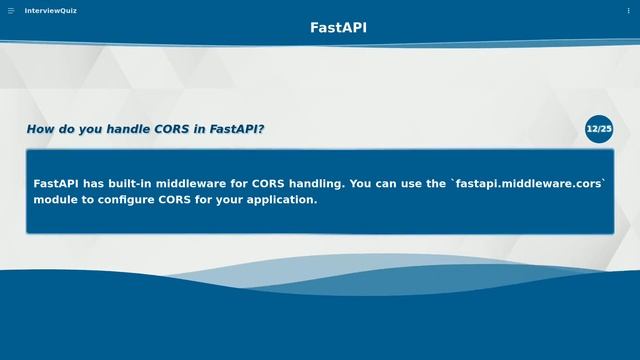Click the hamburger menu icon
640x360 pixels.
click(x=11, y=11)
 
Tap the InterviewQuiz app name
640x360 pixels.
click(x=50, y=11)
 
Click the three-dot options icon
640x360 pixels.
click(x=629, y=11)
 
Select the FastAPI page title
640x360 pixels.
click(x=338, y=28)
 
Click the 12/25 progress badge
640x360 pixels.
click(x=599, y=129)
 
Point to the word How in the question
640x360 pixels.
click(x=41, y=129)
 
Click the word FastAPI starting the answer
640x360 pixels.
click(x=57, y=184)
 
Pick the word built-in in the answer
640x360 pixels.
click(x=138, y=184)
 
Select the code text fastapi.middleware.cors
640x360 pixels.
click(x=529, y=184)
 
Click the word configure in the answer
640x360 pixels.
click(x=126, y=200)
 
